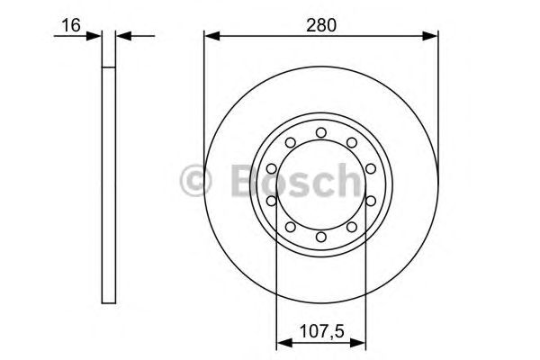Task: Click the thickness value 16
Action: tap(67, 26)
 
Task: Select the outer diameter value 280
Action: tap(321, 26)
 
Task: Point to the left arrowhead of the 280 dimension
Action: tap(211, 37)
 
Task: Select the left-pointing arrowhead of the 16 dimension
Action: tap(123, 37)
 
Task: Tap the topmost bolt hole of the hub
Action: tap(321, 134)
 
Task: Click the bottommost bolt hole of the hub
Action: tap(321, 236)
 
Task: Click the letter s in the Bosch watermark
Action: tap(299, 184)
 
